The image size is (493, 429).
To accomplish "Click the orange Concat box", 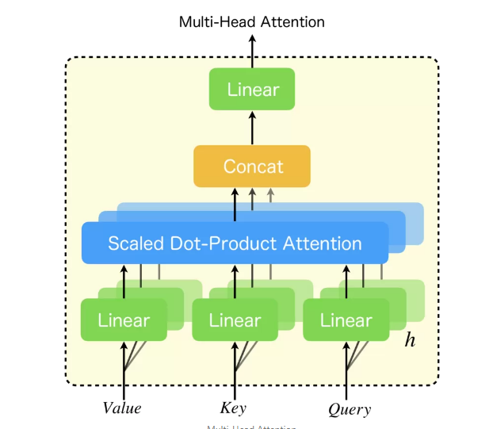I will click(x=252, y=166).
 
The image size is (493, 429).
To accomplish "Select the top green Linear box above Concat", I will click(x=252, y=89).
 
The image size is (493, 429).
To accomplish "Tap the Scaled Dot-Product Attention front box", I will click(x=235, y=243).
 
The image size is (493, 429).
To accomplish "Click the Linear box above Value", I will click(x=124, y=320).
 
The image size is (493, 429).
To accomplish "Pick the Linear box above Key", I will click(x=235, y=320).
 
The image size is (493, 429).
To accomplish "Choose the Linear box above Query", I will click(x=346, y=320).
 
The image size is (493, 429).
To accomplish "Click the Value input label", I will click(x=122, y=408).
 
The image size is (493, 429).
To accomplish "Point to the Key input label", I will click(x=233, y=408).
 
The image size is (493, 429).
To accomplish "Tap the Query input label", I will click(x=349, y=409).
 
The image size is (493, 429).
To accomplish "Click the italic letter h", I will click(x=410, y=340).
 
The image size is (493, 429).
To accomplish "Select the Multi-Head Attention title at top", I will click(x=252, y=22).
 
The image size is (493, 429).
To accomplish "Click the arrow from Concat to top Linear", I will click(x=252, y=128).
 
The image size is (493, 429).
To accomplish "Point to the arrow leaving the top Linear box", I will click(x=252, y=52).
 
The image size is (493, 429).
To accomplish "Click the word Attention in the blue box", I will click(x=325, y=243).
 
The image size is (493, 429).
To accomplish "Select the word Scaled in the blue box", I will click(x=133, y=243).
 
